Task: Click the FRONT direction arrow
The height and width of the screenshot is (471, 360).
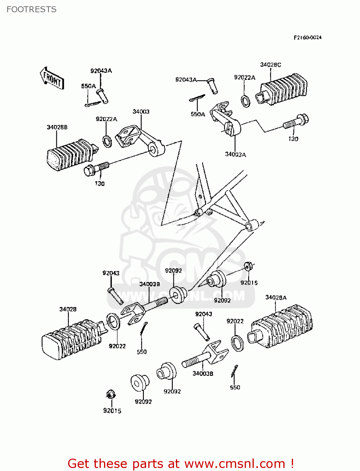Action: click(x=52, y=78)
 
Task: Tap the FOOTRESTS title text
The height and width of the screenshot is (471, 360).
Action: click(x=31, y=9)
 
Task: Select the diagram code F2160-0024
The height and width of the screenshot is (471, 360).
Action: click(x=307, y=37)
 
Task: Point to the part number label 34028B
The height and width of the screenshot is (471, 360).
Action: click(x=57, y=127)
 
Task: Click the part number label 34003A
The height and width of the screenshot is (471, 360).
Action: click(x=235, y=154)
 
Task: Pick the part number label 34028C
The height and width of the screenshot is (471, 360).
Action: click(x=270, y=65)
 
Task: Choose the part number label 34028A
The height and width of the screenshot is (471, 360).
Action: click(x=276, y=297)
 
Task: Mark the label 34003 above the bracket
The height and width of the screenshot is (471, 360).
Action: click(x=141, y=111)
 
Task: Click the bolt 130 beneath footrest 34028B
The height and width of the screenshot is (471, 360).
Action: click(x=96, y=168)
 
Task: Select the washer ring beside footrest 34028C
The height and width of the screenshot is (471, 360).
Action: click(x=245, y=101)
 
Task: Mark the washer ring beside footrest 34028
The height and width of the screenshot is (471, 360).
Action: click(x=113, y=322)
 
